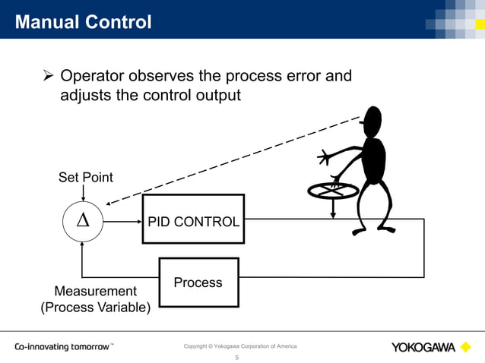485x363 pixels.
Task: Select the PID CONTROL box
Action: pyautogui.click(x=194, y=221)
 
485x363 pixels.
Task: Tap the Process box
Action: pyautogui.click(x=198, y=283)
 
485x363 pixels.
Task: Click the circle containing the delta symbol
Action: pyautogui.click(x=83, y=222)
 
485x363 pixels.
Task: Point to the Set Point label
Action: pyautogui.click(x=86, y=178)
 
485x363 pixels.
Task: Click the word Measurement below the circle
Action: pyautogui.click(x=95, y=292)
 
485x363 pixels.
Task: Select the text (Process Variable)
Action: pyautogui.click(x=95, y=308)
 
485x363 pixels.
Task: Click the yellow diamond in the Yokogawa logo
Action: pyautogui.click(x=466, y=348)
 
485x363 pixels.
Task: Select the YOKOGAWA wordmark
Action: pyautogui.click(x=423, y=348)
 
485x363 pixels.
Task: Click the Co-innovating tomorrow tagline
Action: pyautogui.click(x=63, y=348)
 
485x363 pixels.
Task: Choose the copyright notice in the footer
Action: pyautogui.click(x=240, y=347)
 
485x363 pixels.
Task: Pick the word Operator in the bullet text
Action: pyautogui.click(x=95, y=77)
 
